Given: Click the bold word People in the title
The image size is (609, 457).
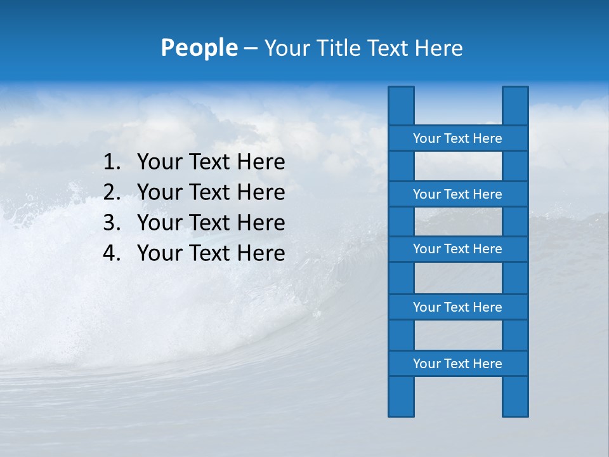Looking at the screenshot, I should pos(199,48).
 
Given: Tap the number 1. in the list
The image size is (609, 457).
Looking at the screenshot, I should pos(112,162).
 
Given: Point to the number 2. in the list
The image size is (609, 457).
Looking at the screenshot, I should pos(112,192).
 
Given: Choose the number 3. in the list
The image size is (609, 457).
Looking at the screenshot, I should pos(112,223).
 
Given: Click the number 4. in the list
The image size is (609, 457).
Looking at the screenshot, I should pos(112,253).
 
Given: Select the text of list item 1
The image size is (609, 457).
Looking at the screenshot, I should pos(211,162).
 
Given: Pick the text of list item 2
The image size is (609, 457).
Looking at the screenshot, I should pos(211,192).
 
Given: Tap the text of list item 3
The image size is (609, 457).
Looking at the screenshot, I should pos(211,223).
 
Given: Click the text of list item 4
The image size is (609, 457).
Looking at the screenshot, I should pos(211,253).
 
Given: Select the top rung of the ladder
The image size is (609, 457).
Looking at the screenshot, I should pos(457,138).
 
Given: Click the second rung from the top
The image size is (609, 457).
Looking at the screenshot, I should pos(457,194).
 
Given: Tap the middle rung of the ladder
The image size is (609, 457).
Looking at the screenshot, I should pos(457,249).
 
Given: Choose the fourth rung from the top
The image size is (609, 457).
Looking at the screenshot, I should pos(457,307).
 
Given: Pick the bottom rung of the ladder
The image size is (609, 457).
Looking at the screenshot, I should pos(457,364).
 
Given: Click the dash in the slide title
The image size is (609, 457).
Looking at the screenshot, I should pos(250,48).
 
